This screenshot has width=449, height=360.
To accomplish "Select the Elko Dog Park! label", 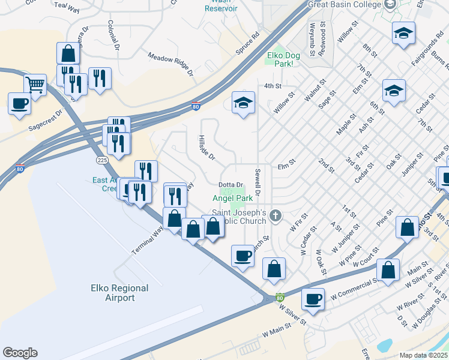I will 283,59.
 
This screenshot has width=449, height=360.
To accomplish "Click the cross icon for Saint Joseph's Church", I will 276,215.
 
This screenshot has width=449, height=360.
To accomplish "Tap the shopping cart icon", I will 35,86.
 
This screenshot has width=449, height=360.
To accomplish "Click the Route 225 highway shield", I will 102,160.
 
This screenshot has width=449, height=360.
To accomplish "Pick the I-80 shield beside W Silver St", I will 280,297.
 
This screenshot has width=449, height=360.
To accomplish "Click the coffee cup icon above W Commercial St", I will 312,298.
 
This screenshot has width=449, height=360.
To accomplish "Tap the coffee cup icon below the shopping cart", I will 19,103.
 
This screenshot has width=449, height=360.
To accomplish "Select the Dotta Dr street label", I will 230,185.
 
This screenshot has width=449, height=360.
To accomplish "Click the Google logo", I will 20,353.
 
